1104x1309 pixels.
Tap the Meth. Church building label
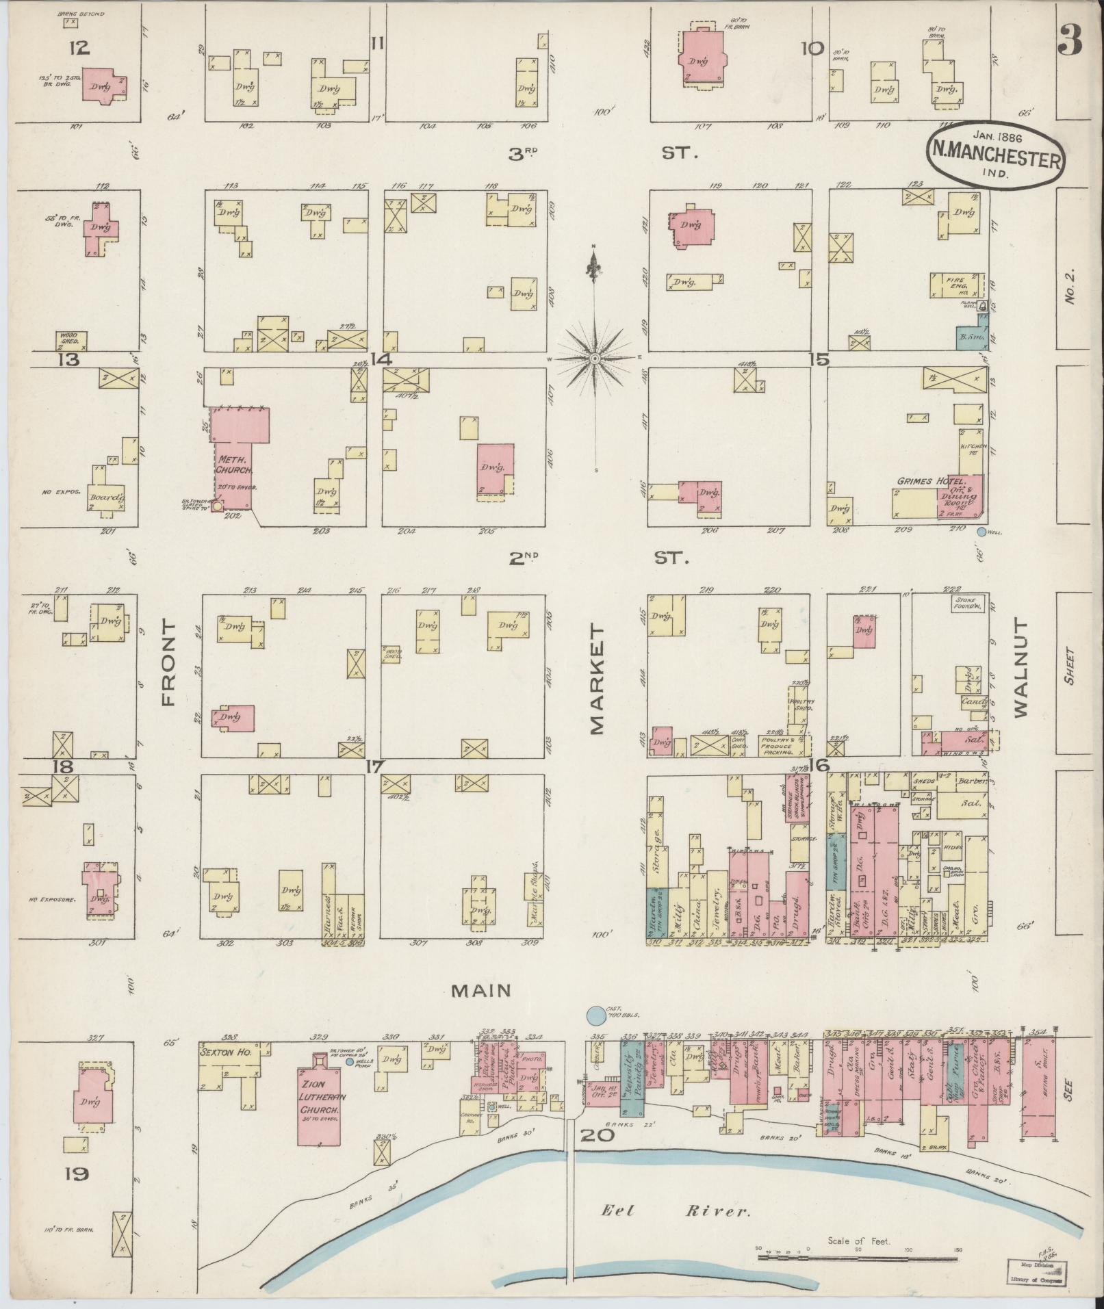(234, 465)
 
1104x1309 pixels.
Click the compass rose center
(595, 358)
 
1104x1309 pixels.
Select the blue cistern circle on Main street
(596, 1015)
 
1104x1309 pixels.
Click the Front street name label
(168, 663)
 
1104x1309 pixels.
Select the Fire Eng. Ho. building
(956, 285)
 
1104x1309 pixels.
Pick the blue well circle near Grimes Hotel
(981, 531)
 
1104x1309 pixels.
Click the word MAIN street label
(481, 989)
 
